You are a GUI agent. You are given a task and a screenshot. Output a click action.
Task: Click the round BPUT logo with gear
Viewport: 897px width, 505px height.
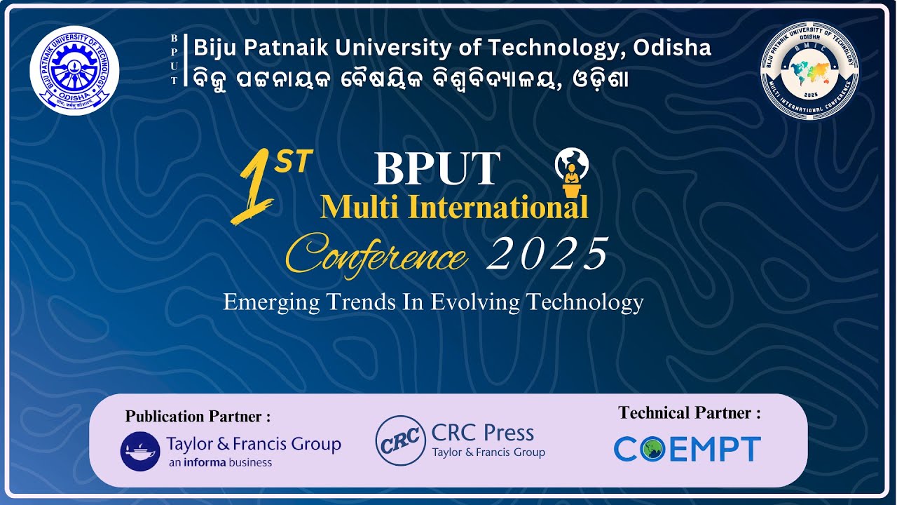[74, 70]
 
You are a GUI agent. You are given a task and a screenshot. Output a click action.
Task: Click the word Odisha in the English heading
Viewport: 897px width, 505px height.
[672, 48]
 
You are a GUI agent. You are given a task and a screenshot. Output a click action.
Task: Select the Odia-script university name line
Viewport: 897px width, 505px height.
[411, 78]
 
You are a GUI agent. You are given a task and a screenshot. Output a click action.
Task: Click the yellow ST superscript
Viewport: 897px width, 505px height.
[290, 163]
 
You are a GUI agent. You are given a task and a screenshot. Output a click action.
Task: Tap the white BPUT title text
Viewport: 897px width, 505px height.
[437, 169]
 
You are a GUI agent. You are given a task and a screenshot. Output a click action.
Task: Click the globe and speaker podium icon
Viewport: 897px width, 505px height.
[572, 173]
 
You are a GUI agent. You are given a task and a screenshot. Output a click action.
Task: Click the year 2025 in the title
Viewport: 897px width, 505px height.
[549, 254]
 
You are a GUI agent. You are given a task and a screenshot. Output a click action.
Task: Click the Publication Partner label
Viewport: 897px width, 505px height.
[198, 417]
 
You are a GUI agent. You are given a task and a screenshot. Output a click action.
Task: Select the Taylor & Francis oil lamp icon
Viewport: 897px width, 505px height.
[140, 451]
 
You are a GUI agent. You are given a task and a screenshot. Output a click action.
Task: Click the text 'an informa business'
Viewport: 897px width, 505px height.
[220, 463]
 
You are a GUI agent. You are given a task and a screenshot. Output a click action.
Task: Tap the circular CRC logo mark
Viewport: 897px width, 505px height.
[400, 440]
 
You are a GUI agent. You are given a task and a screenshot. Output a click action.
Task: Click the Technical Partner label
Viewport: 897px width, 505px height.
[689, 413]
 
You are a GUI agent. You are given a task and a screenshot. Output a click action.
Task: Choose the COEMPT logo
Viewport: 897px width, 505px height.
[687, 450]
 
